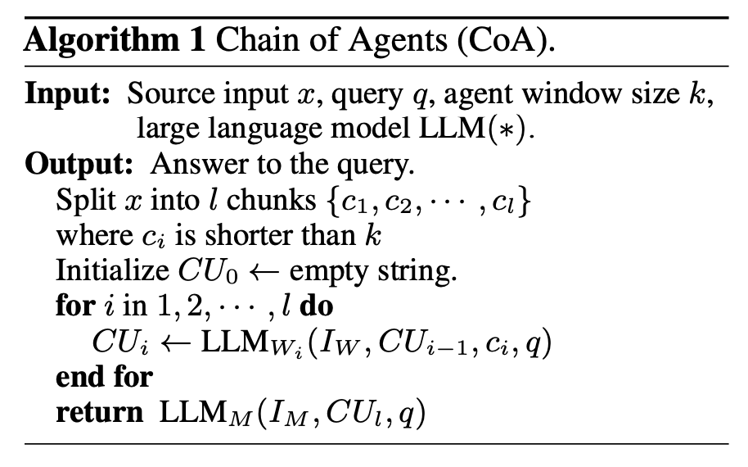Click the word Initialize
[x=108, y=270]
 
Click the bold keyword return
[x=99, y=412]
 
